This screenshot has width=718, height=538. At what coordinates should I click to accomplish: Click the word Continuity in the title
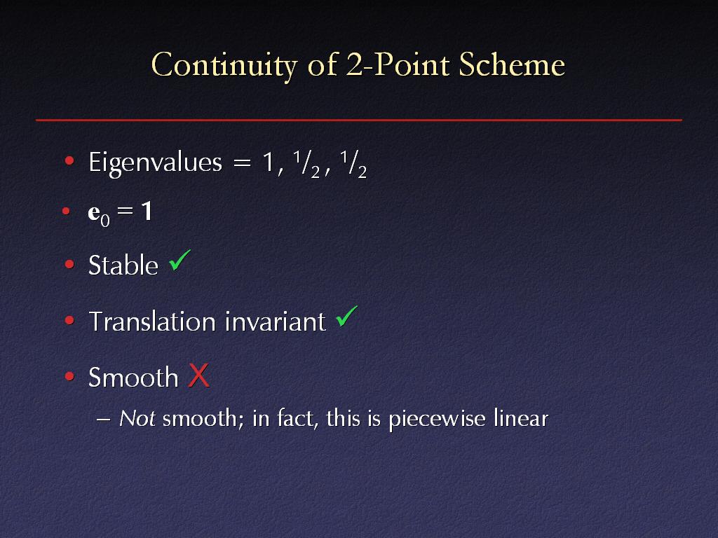coord(224,65)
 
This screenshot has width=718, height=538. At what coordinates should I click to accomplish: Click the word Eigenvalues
coord(155,163)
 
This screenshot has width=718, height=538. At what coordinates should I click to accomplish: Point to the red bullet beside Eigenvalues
coord(69,160)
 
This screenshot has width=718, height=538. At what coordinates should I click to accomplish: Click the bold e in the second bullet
coord(94,212)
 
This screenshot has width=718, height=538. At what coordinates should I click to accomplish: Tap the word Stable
coord(123,265)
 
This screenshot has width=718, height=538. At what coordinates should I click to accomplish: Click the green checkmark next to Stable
coord(179,260)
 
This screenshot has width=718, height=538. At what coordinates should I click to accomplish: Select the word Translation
coord(152,321)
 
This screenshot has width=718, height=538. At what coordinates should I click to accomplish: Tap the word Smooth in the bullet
coord(133,378)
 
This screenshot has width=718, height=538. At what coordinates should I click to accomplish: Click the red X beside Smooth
coord(198,375)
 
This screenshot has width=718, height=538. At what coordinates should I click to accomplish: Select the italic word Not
coord(137,419)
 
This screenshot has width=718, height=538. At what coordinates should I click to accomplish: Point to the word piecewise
coord(437,419)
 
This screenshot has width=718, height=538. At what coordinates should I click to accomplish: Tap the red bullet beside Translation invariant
coord(69,320)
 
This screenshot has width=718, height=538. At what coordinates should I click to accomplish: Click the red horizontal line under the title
coord(359,120)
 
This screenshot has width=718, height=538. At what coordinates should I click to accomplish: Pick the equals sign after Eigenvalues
coord(242,163)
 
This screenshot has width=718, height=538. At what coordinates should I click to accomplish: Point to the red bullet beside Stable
coord(69,264)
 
